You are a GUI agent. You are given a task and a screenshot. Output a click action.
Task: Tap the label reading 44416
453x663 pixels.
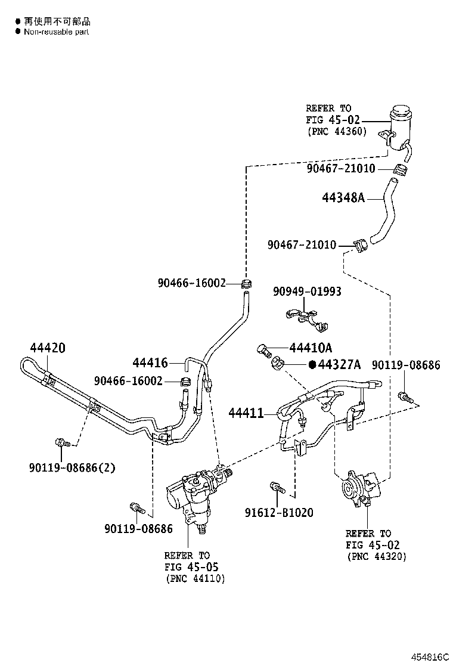point(150,363)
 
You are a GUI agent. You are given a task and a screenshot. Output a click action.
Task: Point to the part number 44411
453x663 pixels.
point(246,413)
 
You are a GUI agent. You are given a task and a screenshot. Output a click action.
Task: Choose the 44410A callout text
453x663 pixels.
point(311,348)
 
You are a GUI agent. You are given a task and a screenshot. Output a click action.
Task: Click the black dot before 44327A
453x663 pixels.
point(312,365)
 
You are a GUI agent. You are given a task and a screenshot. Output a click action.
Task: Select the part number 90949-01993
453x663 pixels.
point(307,292)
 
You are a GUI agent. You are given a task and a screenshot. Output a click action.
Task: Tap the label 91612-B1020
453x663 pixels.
point(278,513)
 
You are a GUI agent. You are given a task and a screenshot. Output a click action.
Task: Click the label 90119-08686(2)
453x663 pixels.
point(72,467)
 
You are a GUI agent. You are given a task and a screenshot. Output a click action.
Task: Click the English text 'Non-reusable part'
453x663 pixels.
point(56,32)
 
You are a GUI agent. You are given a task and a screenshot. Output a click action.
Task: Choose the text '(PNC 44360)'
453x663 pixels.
point(337,131)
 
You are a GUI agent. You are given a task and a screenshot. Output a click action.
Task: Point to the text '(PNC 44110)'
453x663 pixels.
point(195,578)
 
